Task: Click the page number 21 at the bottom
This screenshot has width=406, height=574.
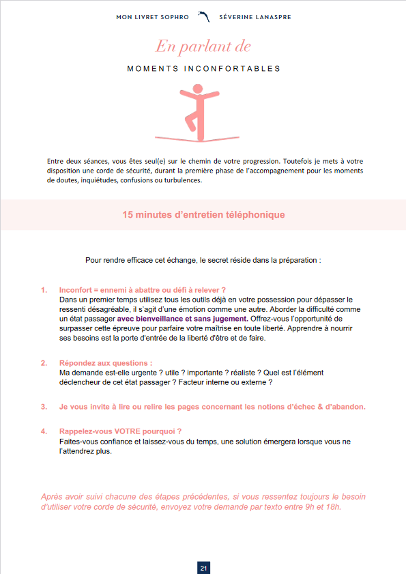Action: (203, 567)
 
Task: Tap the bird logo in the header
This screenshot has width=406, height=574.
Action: (203, 16)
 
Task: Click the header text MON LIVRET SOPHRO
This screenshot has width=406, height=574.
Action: (152, 16)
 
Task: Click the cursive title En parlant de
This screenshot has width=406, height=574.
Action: (203, 46)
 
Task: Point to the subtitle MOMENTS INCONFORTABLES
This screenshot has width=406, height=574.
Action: (203, 69)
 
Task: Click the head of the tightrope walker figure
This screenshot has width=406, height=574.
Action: (198, 89)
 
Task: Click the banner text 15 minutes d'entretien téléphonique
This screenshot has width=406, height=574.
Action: (203, 214)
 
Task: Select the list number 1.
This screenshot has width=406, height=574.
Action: (44, 290)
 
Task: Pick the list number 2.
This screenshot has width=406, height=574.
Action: (44, 363)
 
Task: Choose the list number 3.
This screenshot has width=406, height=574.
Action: (44, 407)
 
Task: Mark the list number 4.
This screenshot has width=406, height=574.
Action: (44, 431)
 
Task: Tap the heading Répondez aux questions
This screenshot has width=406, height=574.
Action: (106, 363)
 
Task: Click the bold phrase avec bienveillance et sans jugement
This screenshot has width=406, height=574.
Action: (181, 319)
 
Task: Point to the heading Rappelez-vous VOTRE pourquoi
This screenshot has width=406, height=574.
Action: (121, 431)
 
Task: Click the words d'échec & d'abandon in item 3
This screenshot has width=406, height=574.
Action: (323, 407)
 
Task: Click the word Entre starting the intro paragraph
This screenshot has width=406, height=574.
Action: (57, 161)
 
